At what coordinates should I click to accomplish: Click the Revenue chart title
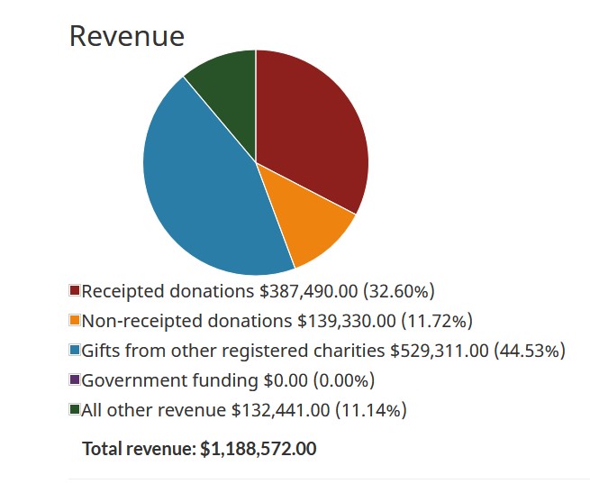pyautogui.click(x=127, y=36)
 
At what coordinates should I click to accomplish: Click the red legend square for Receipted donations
pyautogui.click(x=75, y=291)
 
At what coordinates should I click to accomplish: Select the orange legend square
pyautogui.click(x=75, y=321)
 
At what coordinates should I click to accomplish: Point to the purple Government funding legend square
pyautogui.click(x=75, y=380)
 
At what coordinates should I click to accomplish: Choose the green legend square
pyautogui.click(x=75, y=410)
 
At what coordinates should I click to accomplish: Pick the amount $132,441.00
pyautogui.click(x=280, y=410)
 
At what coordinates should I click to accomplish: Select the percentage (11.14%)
pyautogui.click(x=371, y=410)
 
